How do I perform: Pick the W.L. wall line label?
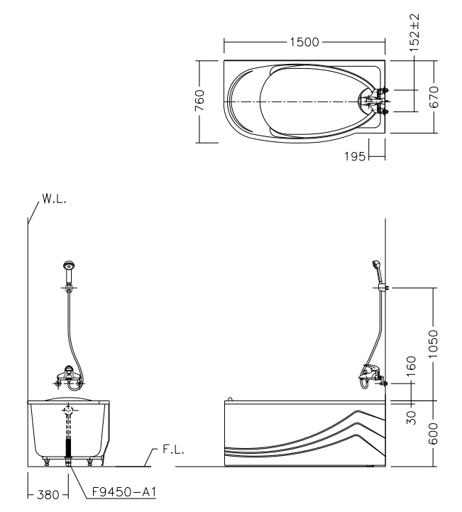click(53, 200)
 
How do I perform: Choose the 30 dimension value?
click(410, 413)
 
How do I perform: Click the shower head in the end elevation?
click(68, 268)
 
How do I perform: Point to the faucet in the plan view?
click(374, 100)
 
